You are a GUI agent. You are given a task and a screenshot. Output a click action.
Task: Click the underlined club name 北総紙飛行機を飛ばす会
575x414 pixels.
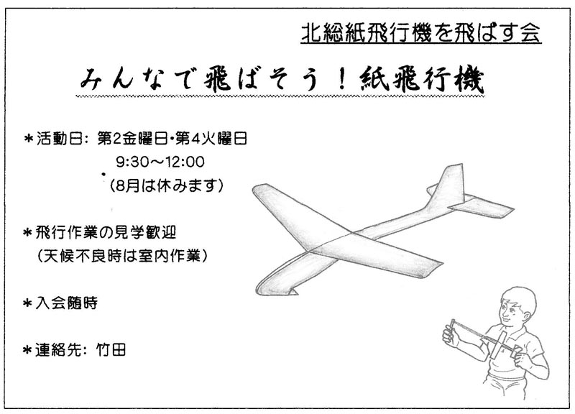421,33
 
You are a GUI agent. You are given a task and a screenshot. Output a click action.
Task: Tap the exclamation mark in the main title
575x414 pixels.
342,79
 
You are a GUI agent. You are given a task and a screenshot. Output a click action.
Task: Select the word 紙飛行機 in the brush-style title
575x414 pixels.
423,80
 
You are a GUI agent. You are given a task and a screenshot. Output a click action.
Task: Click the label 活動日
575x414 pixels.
59,139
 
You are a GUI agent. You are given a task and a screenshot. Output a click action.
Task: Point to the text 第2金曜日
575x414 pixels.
132,139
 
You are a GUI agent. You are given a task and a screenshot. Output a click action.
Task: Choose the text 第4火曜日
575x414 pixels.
211,139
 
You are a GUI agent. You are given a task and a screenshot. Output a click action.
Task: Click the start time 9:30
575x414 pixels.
129,162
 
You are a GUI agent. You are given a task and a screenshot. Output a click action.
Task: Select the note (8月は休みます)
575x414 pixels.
167,185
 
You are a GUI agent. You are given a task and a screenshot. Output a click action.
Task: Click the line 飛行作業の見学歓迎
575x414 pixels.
106,232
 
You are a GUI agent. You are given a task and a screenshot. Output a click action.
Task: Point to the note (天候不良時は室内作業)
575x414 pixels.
122,256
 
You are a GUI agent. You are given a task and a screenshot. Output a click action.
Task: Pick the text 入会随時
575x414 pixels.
66,303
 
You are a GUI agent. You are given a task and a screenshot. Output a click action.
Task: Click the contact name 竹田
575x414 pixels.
111,349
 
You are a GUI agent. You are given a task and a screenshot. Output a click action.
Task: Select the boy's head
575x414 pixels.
517,306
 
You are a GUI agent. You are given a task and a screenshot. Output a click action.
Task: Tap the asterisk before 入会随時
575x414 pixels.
27,303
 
